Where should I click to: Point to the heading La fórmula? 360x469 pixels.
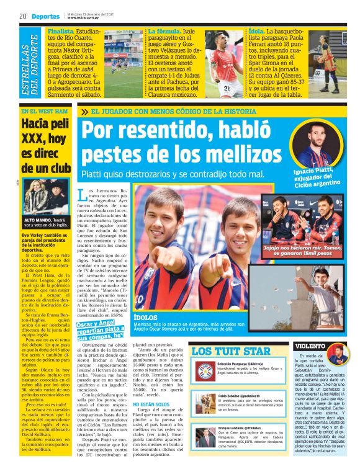point(163,30)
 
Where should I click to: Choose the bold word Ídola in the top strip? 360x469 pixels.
point(257,30)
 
